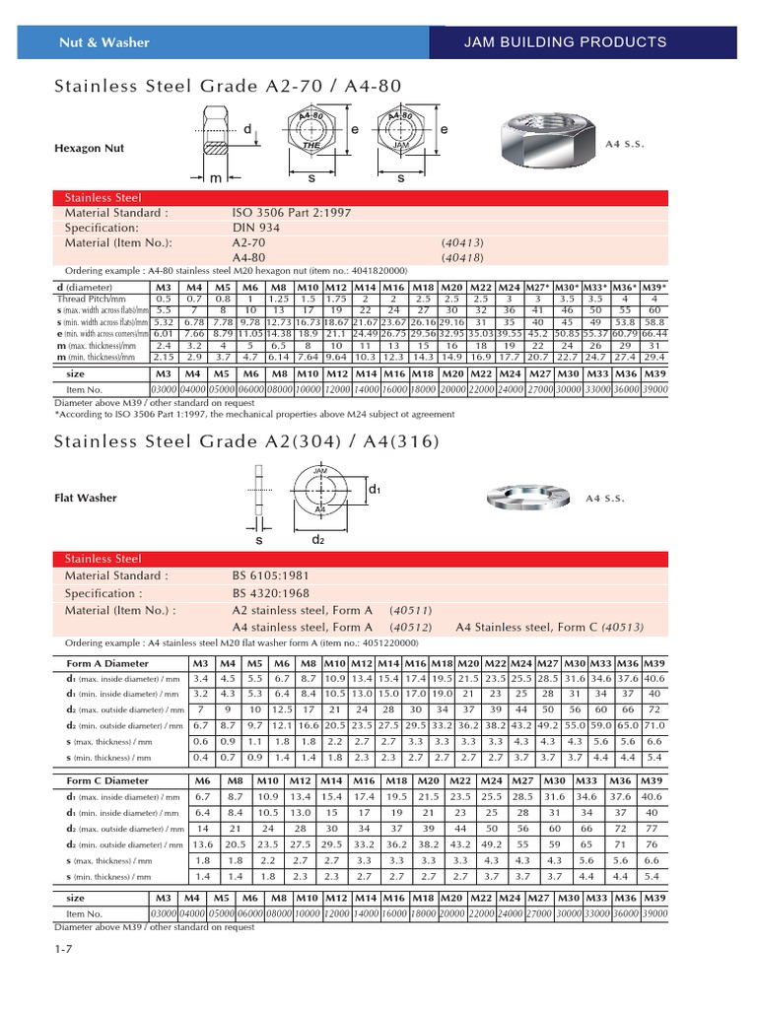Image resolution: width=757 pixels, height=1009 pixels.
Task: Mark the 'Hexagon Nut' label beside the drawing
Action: pos(88,148)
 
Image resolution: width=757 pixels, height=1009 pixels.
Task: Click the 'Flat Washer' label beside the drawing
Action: pos(85,498)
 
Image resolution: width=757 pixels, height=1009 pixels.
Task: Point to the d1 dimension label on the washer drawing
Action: pos(375,490)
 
